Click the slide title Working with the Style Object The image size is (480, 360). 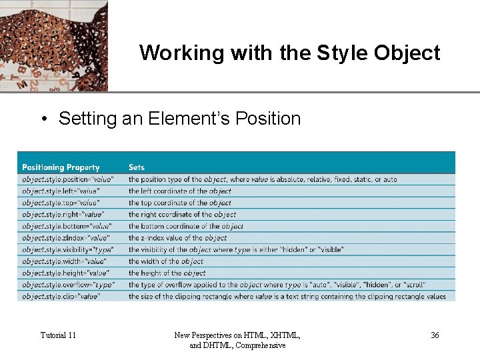[290, 53]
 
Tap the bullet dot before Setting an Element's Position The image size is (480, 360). [43, 119]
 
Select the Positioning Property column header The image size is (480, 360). [61, 167]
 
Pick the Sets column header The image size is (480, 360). [137, 167]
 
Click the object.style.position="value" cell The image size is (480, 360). [68, 179]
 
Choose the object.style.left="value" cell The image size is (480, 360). [60, 191]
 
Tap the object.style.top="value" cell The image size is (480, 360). [61, 203]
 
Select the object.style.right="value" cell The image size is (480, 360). [63, 215]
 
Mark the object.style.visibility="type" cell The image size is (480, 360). [68, 249]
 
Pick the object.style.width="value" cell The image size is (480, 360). [63, 261]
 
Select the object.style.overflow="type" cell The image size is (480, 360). [68, 285]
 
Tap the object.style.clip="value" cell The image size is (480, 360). [61, 296]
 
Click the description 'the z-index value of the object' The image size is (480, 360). [177, 238]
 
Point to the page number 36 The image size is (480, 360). [435, 335]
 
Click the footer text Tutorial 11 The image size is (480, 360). [58, 335]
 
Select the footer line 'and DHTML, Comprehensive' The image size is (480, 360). [238, 345]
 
